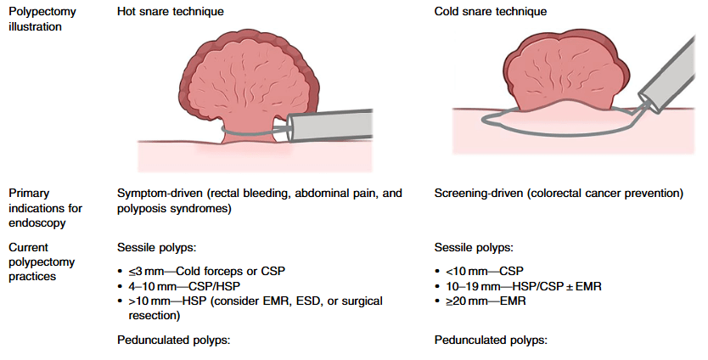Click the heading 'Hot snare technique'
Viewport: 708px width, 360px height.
[171, 11]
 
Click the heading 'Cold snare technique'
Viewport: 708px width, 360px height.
[491, 11]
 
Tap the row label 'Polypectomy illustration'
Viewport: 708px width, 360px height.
[42, 19]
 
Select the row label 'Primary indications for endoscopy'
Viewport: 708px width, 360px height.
[45, 208]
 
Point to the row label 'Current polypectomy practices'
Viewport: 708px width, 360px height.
[42, 262]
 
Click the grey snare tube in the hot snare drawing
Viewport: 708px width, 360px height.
[330, 126]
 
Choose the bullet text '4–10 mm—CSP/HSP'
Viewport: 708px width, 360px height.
[184, 286]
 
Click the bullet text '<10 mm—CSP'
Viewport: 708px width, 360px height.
[485, 272]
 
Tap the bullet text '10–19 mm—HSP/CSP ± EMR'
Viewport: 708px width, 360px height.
[523, 286]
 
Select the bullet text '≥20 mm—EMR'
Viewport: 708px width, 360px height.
[486, 301]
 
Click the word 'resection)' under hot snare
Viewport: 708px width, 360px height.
[155, 316]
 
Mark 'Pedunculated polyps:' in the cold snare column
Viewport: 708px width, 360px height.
[491, 340]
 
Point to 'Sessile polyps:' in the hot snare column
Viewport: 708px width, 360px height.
[157, 248]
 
